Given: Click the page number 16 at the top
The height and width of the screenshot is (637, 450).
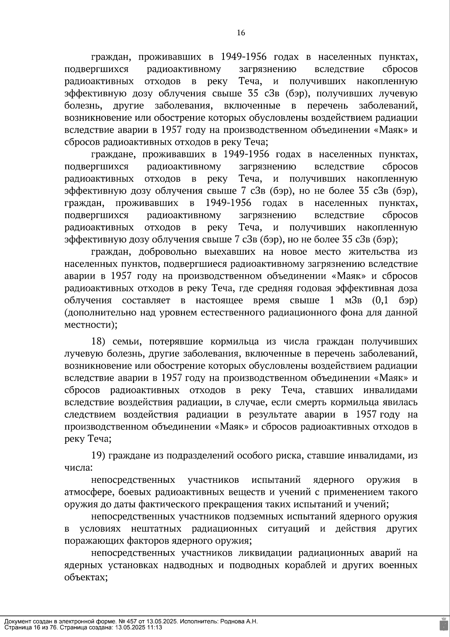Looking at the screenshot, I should (241, 33).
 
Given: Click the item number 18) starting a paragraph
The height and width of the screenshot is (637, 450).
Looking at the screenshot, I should (100, 342).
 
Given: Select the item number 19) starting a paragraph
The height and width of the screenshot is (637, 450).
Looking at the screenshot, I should (100, 456).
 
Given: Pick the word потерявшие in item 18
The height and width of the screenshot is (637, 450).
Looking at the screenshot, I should (177, 342).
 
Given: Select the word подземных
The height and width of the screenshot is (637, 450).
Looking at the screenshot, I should (255, 517).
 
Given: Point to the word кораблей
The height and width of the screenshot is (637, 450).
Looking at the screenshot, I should (305, 565).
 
